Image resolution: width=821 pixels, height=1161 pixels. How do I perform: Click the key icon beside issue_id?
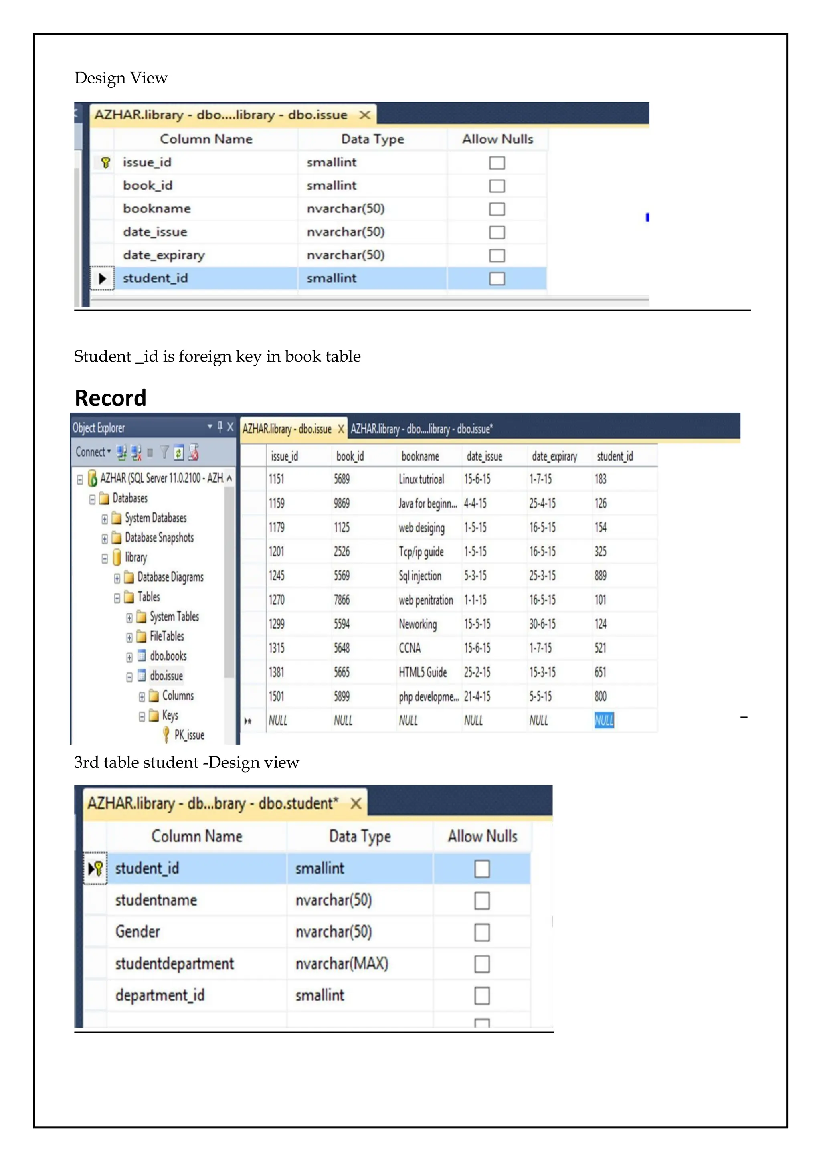pos(105,162)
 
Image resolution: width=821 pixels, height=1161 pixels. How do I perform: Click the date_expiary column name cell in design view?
pos(164,255)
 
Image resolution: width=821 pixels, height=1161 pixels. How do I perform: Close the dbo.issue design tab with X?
pos(364,115)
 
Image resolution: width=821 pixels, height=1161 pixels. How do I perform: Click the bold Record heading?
pos(111,398)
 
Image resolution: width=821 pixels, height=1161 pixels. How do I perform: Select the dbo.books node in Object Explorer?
pos(168,656)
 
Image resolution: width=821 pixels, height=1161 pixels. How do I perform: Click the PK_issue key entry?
pos(189,735)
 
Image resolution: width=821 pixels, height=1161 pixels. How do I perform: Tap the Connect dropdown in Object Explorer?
pos(93,451)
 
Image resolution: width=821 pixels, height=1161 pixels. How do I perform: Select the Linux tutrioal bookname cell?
pos(421,479)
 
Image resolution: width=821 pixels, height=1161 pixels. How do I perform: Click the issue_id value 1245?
pos(277,575)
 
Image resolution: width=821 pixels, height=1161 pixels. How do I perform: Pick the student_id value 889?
pos(601,575)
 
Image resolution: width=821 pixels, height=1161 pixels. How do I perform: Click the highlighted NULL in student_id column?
pos(604,720)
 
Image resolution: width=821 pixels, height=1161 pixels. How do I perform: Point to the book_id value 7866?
pos(342,600)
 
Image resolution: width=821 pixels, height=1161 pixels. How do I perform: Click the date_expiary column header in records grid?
pos(554,456)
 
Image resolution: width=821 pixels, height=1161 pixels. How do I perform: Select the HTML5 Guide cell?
pos(423,672)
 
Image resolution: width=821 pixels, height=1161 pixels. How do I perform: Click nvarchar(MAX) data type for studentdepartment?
pos(342,963)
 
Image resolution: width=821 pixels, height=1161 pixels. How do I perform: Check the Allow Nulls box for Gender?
pos(481,932)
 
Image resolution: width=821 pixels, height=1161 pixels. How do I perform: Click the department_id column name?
pos(160,995)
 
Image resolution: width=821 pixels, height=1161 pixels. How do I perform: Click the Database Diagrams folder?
pos(170,577)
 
